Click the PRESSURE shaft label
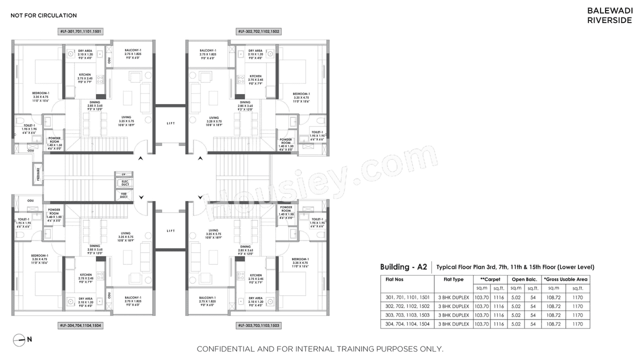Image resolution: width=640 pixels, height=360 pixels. pyautogui.click(x=37, y=173)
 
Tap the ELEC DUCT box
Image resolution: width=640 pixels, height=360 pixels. pyautogui.click(x=124, y=183)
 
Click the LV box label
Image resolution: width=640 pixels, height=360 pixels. pyautogui.click(x=124, y=173)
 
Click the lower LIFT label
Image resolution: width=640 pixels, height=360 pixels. pyautogui.click(x=171, y=230)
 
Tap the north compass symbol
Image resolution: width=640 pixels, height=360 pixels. pyautogui.click(x=18, y=339)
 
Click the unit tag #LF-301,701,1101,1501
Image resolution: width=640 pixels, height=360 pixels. pyautogui.click(x=81, y=31)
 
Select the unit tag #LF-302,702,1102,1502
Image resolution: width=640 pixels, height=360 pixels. pyautogui.click(x=258, y=31)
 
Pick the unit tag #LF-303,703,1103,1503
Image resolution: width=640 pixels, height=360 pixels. pyautogui.click(x=258, y=325)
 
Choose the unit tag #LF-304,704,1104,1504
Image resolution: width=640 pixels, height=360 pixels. pyautogui.click(x=81, y=325)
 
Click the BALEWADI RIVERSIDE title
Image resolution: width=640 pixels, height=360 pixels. pyautogui.click(x=609, y=15)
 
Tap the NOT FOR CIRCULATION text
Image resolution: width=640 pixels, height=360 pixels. pyautogui.click(x=43, y=15)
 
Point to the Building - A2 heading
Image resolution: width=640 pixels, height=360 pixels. pyautogui.click(x=403, y=267)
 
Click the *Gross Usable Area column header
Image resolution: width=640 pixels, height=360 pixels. pyautogui.click(x=565, y=279)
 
